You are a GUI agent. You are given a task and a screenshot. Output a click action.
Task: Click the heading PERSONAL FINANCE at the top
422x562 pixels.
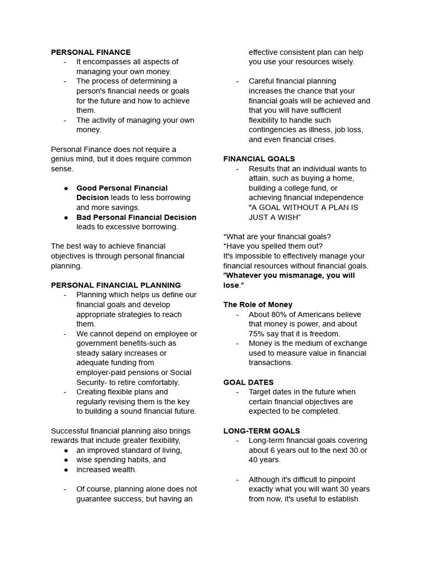point(91,52)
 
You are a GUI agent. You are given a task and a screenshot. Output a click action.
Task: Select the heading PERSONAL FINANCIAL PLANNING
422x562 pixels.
point(116,285)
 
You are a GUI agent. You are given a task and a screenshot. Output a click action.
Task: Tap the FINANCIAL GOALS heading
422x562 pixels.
point(259,159)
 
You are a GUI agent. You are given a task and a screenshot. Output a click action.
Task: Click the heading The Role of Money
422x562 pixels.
point(258,305)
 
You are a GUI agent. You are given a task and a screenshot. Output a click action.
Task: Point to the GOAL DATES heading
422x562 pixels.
point(248,382)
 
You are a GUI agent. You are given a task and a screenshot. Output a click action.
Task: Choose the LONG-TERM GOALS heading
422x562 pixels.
point(262,431)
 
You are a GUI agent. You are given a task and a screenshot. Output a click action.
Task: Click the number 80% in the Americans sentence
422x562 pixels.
point(281,314)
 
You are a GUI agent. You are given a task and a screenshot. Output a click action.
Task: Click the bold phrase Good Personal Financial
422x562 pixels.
point(122,188)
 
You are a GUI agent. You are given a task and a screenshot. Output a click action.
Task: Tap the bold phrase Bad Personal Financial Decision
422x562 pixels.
point(136,217)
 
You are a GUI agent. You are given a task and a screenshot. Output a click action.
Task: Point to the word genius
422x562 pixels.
point(64,159)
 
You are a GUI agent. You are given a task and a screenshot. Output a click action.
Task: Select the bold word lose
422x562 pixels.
point(231,285)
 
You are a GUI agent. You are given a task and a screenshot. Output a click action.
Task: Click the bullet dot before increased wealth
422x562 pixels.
point(66,470)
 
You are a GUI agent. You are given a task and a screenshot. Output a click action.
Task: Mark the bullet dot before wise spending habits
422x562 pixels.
point(66,460)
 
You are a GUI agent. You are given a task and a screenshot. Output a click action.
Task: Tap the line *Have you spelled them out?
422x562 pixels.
point(273,246)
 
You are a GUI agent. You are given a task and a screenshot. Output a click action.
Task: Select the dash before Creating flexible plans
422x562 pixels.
point(65,392)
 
